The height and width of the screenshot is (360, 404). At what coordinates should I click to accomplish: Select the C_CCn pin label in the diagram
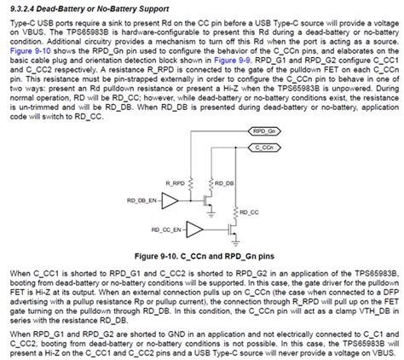coord(264,148)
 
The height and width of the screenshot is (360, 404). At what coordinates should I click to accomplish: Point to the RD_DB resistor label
coord(225,183)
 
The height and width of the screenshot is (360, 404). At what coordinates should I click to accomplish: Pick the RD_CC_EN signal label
coord(166,229)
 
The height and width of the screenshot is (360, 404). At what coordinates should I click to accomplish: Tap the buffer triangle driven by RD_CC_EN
coord(194,229)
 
